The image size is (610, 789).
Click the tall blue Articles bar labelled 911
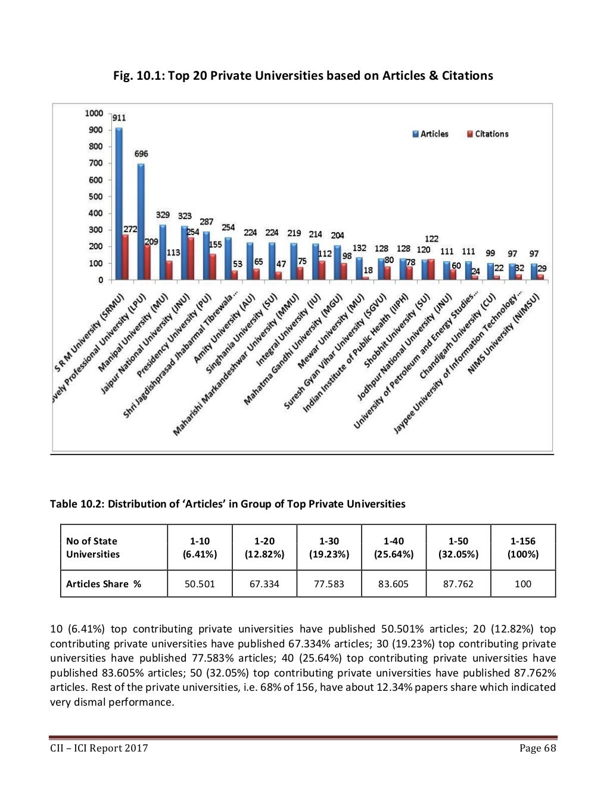coord(119,202)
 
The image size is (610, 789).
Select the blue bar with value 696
coord(141,220)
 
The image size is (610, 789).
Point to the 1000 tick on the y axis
coord(94,113)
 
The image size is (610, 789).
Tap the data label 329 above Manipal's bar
coord(163,215)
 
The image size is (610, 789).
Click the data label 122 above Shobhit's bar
coord(431,238)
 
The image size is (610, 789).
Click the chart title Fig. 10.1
coord(303,76)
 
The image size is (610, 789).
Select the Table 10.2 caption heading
coord(228,504)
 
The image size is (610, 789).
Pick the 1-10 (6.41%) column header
coord(200,547)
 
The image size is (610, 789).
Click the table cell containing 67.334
coord(264,584)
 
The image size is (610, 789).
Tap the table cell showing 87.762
coord(458,584)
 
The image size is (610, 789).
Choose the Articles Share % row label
coord(104,584)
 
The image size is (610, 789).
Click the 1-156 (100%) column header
coord(523,547)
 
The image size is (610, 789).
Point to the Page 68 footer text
coord(537,748)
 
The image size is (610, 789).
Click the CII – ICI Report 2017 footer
coord(99,748)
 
